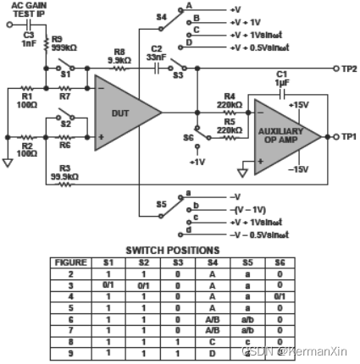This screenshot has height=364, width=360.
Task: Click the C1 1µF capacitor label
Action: click(x=282, y=79)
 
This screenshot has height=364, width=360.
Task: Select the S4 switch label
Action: click(x=161, y=16)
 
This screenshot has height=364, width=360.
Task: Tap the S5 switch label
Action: click(x=161, y=202)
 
